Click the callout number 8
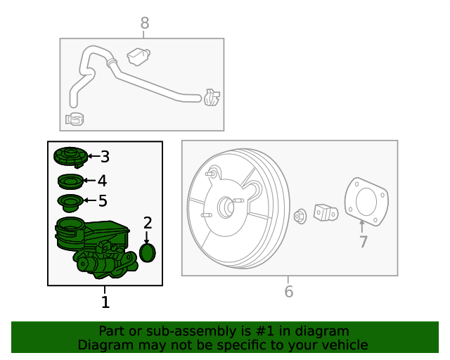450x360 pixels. (144, 23)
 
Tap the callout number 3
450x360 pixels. (105, 157)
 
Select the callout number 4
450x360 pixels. (103, 180)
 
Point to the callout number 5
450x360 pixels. (103, 202)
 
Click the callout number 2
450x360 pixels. (148, 223)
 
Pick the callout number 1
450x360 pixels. (105, 302)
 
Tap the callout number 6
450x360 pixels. (289, 291)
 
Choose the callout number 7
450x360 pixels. (363, 242)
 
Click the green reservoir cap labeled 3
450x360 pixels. (70, 157)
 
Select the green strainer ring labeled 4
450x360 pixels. (70, 181)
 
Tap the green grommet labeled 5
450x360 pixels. (69, 204)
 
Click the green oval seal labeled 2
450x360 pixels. (148, 252)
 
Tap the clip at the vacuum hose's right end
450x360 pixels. (212, 97)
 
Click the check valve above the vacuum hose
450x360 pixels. (139, 54)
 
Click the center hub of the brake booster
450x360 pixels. (227, 207)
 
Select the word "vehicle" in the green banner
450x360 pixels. (342, 345)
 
